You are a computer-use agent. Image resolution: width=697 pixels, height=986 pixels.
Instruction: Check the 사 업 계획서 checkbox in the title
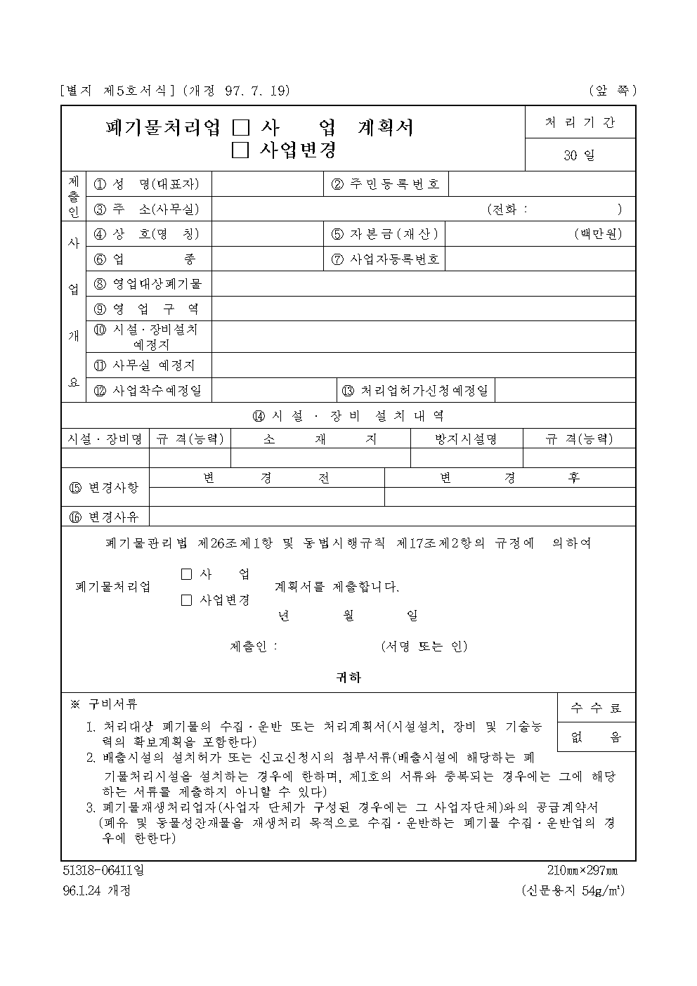point(240,128)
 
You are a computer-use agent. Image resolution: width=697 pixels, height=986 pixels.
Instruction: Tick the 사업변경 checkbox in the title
point(240,150)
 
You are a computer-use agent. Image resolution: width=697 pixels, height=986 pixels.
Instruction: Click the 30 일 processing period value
point(580,155)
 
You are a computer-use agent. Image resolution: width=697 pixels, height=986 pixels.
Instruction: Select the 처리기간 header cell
point(580,122)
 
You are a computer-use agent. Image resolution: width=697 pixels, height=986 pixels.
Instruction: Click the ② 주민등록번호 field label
point(386,184)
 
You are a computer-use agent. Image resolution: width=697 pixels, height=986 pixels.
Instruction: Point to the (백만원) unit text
point(597,234)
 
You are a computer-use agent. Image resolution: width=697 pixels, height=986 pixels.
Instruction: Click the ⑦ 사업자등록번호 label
point(386,259)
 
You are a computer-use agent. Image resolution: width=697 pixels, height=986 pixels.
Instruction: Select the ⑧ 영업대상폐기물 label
point(148,284)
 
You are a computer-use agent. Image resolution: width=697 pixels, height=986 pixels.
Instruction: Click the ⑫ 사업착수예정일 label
point(148,391)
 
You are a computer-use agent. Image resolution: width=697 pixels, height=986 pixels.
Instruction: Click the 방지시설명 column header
point(466,439)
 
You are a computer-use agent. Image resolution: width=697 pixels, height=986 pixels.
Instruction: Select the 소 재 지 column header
point(320,439)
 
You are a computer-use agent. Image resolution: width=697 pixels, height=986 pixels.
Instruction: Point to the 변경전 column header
point(266,478)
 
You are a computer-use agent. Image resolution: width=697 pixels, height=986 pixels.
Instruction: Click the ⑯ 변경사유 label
point(105,517)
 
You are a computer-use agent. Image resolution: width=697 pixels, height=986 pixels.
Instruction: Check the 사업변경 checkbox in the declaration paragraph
point(186,600)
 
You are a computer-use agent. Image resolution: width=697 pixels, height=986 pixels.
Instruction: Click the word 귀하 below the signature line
point(348,677)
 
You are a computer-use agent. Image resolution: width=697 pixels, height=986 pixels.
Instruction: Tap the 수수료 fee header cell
point(597,708)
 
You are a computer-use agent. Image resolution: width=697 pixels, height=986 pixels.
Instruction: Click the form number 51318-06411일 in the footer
point(103,871)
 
